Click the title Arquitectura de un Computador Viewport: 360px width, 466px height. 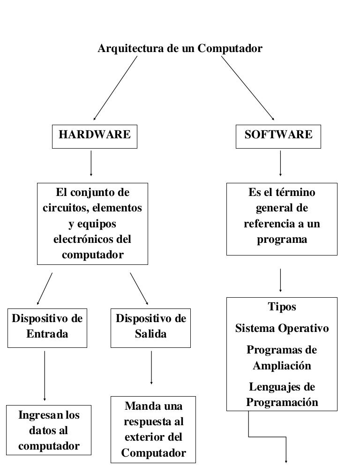(x=180, y=48)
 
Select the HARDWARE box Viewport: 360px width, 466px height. (x=94, y=135)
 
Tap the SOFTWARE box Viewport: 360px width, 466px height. (x=278, y=135)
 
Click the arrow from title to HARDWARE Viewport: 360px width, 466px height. (x=115, y=88)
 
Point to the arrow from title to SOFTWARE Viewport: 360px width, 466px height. (x=247, y=88)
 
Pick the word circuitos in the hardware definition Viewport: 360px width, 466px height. (x=62, y=208)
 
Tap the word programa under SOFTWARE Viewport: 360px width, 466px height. (x=282, y=240)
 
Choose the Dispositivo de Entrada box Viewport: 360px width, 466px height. (x=47, y=327)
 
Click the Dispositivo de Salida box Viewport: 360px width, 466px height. (x=151, y=327)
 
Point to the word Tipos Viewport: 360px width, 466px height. (x=282, y=307)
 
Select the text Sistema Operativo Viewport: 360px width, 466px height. (x=282, y=328)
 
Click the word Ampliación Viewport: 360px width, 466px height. (x=282, y=366)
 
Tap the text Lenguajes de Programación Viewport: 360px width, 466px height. (x=282, y=395)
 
